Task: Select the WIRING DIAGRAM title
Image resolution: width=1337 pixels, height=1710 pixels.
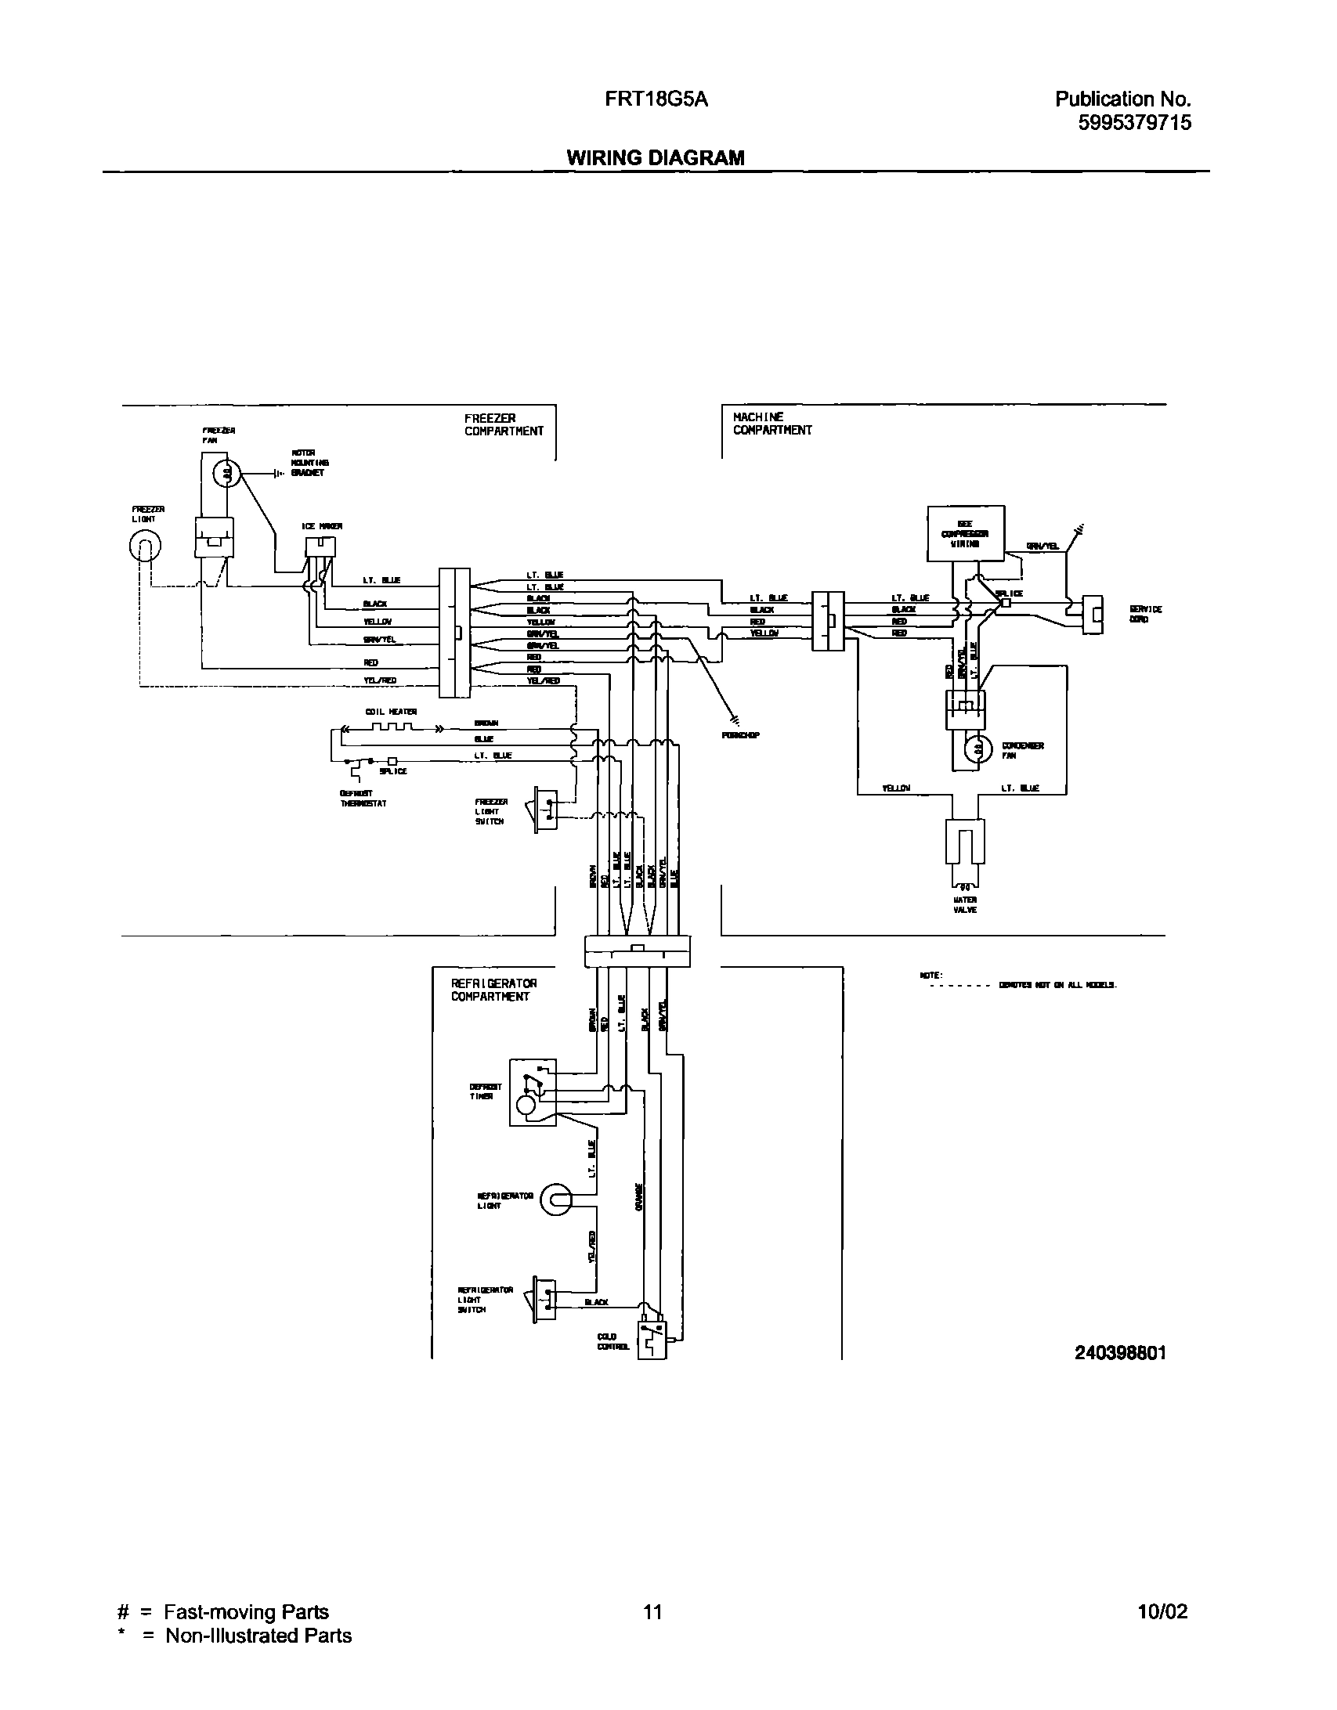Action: [x=656, y=157]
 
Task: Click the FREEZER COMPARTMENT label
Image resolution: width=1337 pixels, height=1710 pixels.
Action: [x=503, y=425]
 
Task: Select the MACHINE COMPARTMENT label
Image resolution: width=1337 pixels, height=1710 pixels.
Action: [x=771, y=424]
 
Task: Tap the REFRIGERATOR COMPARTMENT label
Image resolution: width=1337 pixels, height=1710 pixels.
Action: [x=493, y=990]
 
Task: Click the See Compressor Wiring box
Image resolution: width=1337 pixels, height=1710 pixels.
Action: [x=965, y=533]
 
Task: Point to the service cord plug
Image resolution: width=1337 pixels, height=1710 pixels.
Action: [x=1092, y=614]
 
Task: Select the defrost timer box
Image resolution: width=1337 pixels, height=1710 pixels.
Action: [x=533, y=1092]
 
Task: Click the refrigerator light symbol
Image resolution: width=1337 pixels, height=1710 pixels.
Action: [x=555, y=1199]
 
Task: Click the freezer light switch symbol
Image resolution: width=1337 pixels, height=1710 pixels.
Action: [x=545, y=809]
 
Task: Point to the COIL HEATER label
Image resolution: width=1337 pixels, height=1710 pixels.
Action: [x=391, y=711]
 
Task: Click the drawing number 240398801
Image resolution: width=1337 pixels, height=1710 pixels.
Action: [x=1121, y=1353]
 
